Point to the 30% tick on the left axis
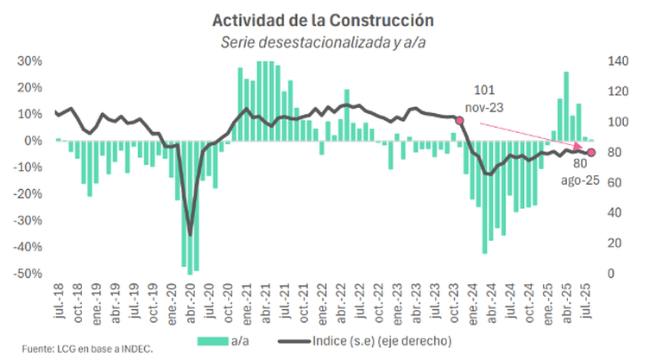pos(30,61)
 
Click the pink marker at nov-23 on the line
pos(459,121)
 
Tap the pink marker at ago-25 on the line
pos(591,153)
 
